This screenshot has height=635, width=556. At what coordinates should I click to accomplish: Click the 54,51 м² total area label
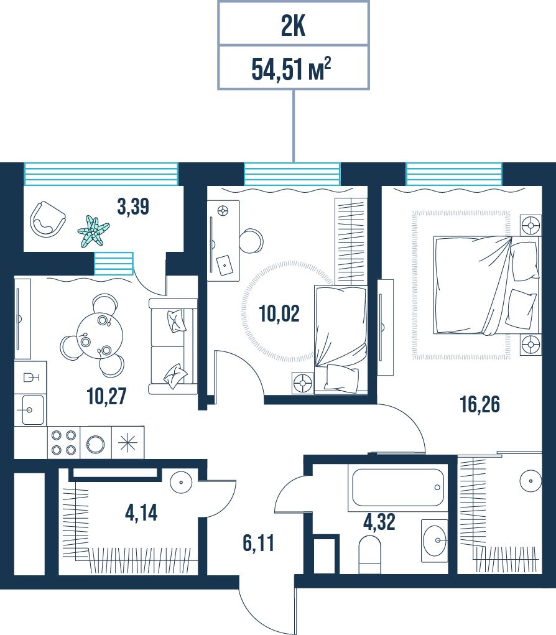coord(291,68)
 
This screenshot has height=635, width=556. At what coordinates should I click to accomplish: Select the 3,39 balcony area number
coord(133,206)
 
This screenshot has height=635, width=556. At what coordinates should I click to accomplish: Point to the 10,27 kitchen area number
coord(106,396)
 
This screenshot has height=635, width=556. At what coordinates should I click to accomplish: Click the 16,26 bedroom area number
coord(480,404)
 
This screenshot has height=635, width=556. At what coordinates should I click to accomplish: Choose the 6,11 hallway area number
coord(258,543)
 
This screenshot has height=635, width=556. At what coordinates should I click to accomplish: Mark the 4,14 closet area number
coord(141,512)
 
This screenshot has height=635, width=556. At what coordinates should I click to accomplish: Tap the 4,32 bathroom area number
coord(379,522)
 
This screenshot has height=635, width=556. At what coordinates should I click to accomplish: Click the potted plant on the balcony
coord(93,231)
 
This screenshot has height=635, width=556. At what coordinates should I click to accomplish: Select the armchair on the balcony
coord(47,219)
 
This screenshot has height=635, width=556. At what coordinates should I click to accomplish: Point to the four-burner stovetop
coord(63,442)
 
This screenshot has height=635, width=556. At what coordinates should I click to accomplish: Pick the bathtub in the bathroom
coord(398,488)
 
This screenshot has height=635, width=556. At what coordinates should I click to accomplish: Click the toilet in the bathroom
coord(370,554)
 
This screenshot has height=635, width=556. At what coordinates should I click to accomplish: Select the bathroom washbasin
coord(435,540)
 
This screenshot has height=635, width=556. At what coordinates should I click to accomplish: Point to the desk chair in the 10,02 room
coord(251,241)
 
